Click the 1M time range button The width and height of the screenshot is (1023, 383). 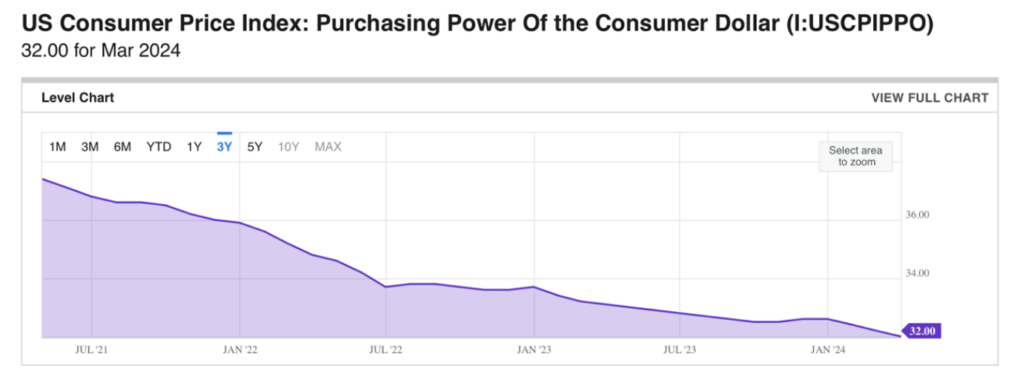pos(58,147)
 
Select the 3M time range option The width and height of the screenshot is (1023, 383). pos(90,147)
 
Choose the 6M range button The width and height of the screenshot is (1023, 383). pos(122,147)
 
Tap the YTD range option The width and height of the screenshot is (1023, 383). pos(159,147)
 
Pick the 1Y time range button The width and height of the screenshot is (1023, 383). pos(194,147)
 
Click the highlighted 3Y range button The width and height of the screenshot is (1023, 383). pos(224,147)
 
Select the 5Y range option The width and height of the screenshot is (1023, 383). pos(255,147)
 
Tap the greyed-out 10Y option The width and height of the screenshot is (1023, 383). pos(288,147)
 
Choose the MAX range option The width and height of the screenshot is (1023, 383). pos(328,147)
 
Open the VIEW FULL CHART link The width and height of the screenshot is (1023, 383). pos(930,98)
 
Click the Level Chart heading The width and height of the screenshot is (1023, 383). pos(78,98)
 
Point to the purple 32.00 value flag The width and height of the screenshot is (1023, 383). pos(921,331)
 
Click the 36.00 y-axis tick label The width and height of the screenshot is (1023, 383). pos(918,215)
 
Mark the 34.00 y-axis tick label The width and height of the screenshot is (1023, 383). pos(918,273)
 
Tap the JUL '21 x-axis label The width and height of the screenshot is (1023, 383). pos(91,350)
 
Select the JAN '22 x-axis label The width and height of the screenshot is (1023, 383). pos(239,350)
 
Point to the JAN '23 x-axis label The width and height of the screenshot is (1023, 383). pos(534,350)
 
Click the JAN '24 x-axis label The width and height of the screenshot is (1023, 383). pos(828,350)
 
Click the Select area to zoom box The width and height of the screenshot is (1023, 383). pos(855,157)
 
